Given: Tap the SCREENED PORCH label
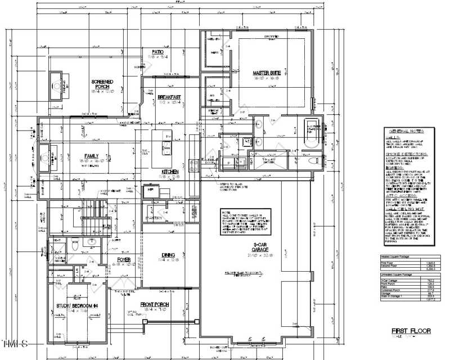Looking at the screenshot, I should (x=102, y=84).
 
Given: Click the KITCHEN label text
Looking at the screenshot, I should (x=170, y=172).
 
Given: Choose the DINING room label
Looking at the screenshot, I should (x=169, y=254).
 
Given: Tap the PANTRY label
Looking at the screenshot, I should (x=155, y=217).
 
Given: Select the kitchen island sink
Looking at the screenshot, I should (x=168, y=148).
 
